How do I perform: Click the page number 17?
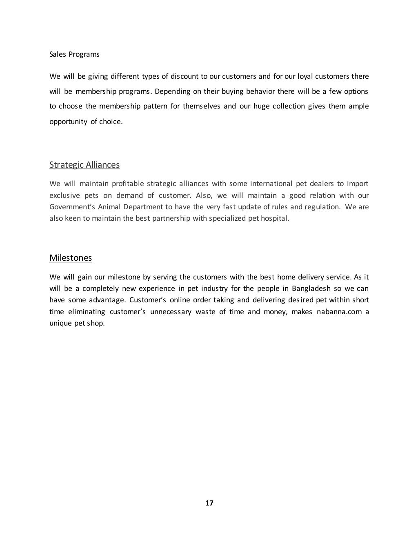point(209,503)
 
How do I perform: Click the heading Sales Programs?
point(74,54)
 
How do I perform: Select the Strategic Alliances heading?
point(84,165)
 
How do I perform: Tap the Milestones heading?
point(71,258)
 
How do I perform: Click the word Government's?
point(72,207)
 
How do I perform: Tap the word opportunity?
point(68,122)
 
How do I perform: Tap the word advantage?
point(105,300)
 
